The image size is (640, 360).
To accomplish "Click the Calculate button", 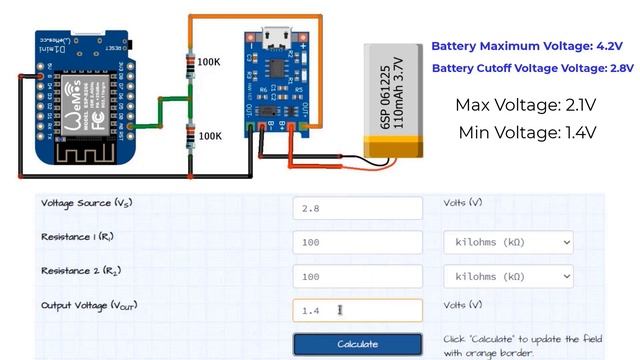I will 357,344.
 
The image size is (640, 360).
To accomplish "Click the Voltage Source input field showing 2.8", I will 357,207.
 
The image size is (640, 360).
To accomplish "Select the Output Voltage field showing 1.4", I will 357,310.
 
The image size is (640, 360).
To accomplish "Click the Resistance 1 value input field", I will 357,243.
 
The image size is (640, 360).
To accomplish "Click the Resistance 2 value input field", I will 357,276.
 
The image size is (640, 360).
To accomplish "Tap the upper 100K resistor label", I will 209,62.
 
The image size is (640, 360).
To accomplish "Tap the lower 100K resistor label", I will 209,135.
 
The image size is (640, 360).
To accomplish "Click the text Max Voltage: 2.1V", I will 526,104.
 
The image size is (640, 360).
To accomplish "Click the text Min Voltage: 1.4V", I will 526,132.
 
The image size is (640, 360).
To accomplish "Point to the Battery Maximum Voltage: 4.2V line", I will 527,47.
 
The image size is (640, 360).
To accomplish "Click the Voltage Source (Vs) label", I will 87,203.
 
